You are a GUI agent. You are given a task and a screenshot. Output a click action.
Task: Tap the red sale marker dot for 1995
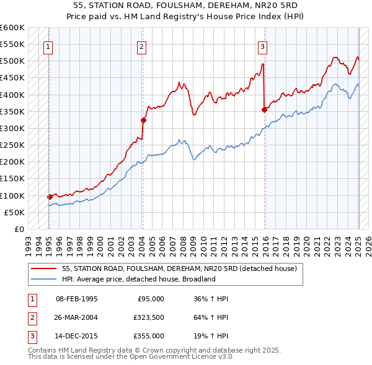click(50, 197)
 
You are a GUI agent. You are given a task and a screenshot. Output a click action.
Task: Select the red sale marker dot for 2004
click(143, 120)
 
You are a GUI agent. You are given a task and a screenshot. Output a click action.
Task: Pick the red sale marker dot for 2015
click(265, 109)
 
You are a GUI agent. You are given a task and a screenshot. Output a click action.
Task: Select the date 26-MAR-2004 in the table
click(77, 317)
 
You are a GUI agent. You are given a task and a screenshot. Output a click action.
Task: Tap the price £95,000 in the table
click(151, 299)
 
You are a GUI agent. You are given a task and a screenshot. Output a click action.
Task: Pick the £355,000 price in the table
click(148, 336)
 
